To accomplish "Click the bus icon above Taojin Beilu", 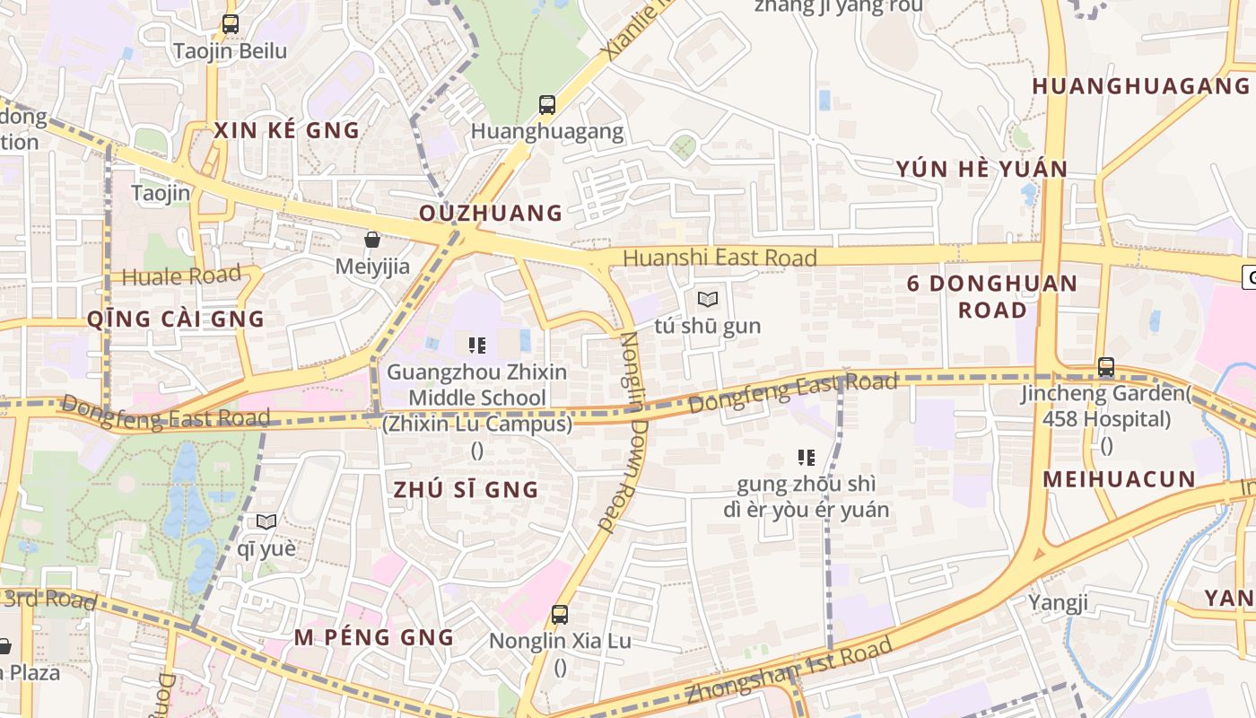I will point(231,24).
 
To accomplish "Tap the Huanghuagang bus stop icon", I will point(547,104).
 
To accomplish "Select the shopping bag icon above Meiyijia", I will point(372,240).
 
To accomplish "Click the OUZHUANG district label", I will point(491,213).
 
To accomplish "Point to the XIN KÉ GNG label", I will point(286,130).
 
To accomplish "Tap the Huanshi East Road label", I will point(720,258).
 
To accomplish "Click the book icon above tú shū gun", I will point(708,299).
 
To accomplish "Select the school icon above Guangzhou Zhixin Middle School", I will point(477,345).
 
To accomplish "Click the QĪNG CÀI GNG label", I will point(176,319).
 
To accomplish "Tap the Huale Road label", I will point(181,276).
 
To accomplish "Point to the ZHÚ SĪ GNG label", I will point(467,489).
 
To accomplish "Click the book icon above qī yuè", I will point(266,521).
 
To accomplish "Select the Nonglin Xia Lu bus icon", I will point(560,615).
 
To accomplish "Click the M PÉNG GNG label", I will point(374,637).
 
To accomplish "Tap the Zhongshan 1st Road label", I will point(789,669).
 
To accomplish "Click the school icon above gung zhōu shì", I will point(807,458).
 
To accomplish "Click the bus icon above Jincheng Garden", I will point(1106,367).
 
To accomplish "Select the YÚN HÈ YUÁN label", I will point(981,169).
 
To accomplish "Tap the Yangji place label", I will point(1058,601).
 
